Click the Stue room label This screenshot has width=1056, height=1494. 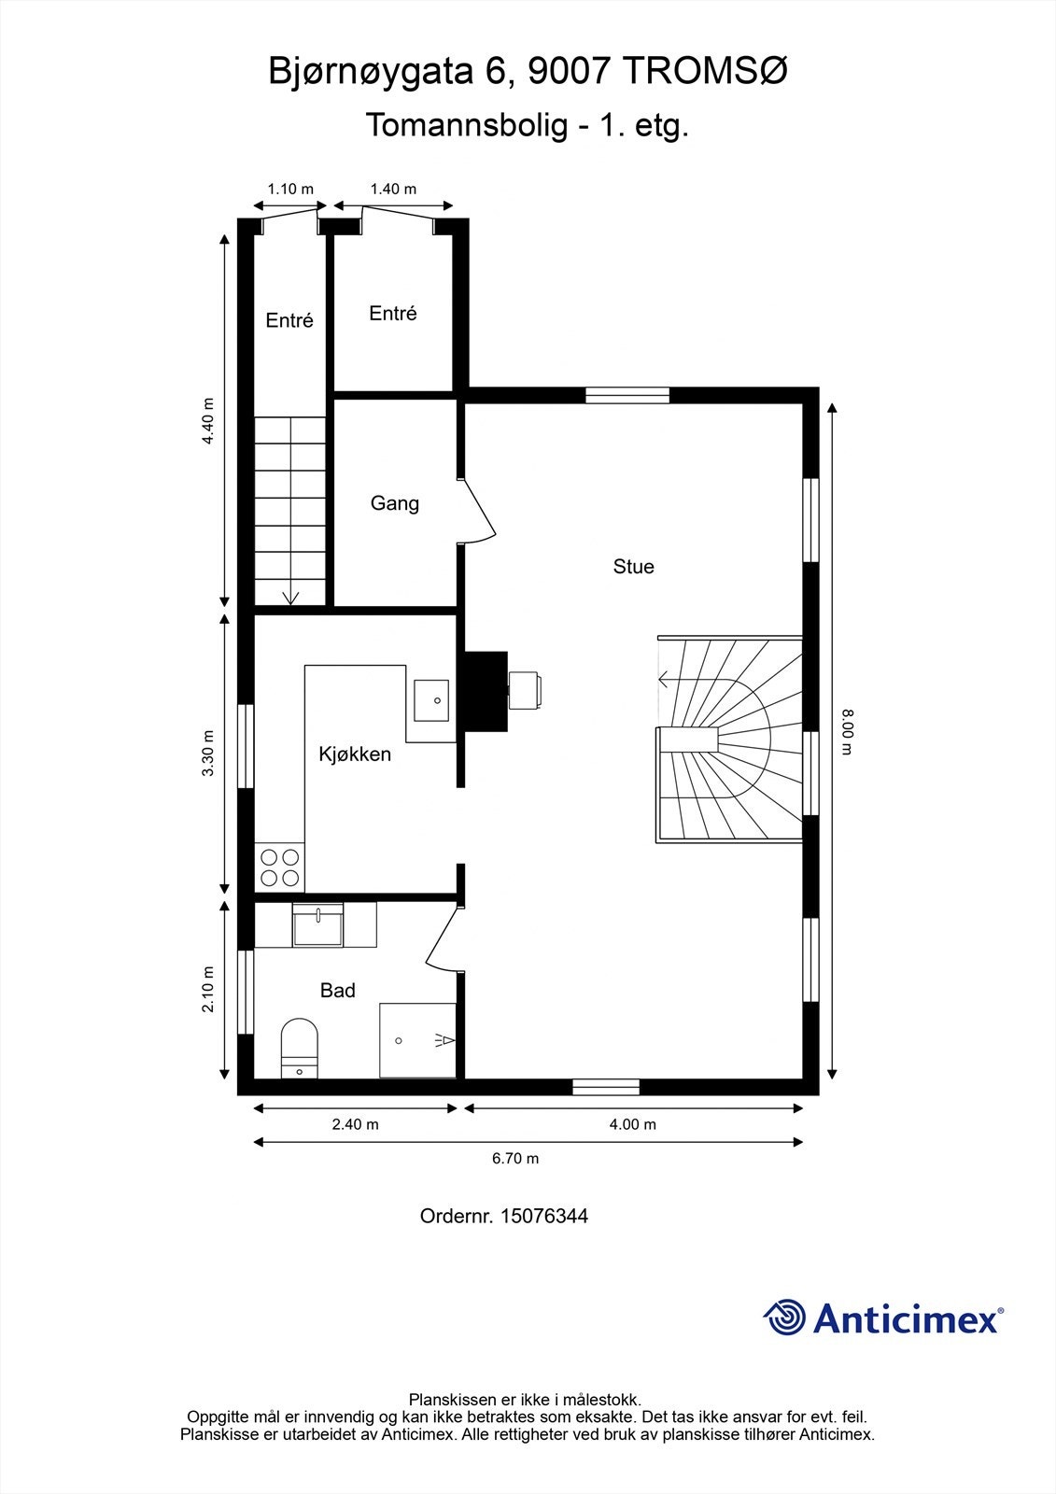coord(633,566)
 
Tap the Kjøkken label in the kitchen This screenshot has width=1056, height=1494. coord(354,754)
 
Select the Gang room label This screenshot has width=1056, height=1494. coord(395,503)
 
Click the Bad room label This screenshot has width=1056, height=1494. coord(338,991)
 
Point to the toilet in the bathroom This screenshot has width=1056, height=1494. coord(300,1048)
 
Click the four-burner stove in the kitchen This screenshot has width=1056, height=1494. coord(279,867)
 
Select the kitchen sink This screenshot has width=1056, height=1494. coord(431,700)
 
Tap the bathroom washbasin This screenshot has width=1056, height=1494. coord(317,925)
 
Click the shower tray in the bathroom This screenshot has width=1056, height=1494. coord(417,1040)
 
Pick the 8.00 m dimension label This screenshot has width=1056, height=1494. coord(847,732)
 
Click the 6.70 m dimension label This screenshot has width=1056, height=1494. coord(515,1159)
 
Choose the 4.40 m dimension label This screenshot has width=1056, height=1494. coord(208,421)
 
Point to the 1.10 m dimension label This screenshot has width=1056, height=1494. coord(290,189)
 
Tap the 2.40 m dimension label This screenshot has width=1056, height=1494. coord(355,1124)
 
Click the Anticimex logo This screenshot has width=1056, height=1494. coord(883,1318)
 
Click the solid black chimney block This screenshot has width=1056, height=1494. coord(486,691)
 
